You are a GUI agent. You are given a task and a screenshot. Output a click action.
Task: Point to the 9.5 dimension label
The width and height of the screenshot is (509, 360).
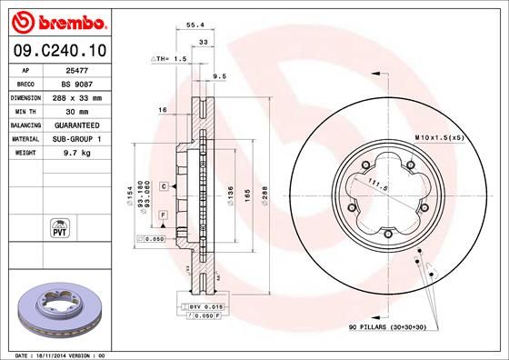pos(218,76)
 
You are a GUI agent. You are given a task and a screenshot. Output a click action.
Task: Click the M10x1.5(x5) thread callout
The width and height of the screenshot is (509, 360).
pos(439,136)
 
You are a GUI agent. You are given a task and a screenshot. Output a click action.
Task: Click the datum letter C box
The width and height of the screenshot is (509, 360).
pos(163,185)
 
